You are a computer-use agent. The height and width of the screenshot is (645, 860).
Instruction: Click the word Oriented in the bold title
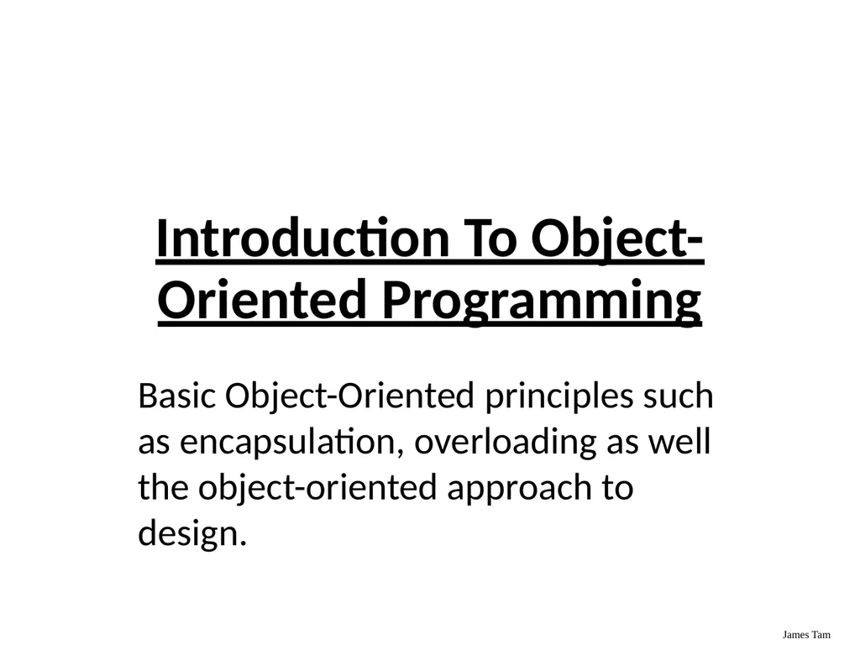pos(262,299)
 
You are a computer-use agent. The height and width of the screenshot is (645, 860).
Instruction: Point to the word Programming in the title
pos(542,302)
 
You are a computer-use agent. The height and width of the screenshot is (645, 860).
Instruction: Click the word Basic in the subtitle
pos(176,396)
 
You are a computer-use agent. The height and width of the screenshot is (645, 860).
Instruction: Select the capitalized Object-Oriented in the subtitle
pos(349,397)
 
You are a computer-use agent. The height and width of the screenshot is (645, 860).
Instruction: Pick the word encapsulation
pos(287,443)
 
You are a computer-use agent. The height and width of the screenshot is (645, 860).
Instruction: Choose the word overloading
pos(505,443)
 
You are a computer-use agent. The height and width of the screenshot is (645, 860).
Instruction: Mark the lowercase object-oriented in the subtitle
pos(317,489)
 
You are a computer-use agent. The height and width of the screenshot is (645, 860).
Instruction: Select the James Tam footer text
pos(806,635)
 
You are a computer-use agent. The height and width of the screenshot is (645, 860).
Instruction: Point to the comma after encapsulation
pos(399,452)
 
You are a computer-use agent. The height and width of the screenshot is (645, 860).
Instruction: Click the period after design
pos(243,543)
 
